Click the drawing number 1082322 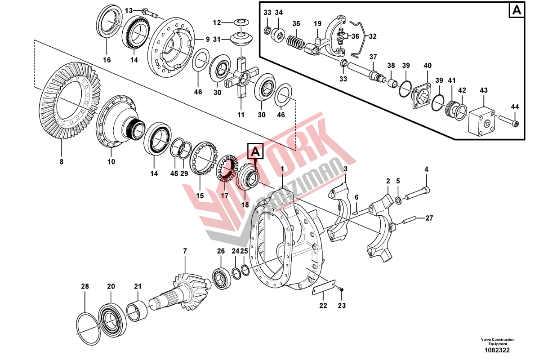[497, 350]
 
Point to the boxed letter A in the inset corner [516, 10]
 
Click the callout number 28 [85, 286]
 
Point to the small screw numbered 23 [341, 289]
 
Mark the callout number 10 [111, 162]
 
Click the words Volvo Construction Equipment [497, 342]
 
